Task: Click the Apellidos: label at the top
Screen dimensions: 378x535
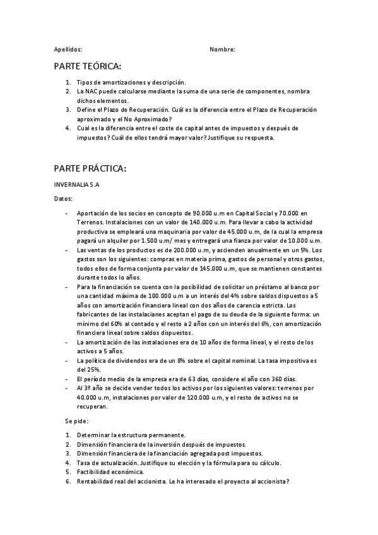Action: (68, 49)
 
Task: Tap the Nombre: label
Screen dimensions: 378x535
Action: (222, 49)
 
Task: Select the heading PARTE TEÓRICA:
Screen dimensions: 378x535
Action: (87, 66)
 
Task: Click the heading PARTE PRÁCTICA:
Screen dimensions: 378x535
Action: (90, 168)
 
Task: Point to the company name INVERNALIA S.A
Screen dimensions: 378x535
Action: (78, 185)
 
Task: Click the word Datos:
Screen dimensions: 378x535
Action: (63, 198)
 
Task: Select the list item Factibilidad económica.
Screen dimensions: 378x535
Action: (110, 471)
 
